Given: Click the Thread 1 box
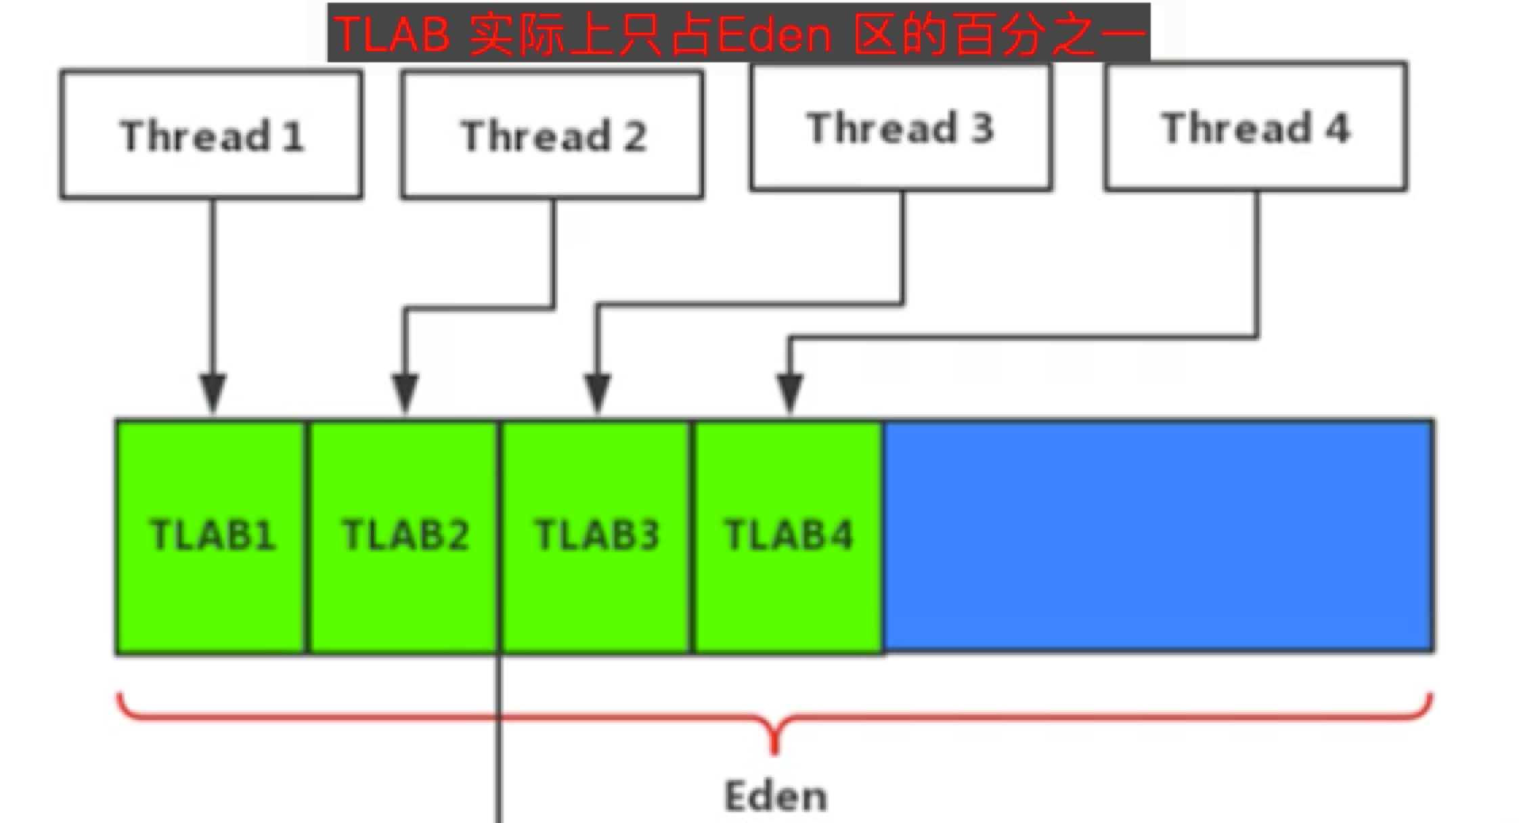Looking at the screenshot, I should click(x=211, y=135).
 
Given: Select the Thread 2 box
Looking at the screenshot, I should click(x=552, y=135).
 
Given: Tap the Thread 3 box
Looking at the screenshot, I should click(x=901, y=127).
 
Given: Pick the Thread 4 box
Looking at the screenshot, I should click(x=1256, y=127).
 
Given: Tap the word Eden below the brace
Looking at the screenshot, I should click(x=776, y=796).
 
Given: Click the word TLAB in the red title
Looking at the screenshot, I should click(x=393, y=34).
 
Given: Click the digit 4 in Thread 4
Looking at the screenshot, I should click(x=1337, y=127).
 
